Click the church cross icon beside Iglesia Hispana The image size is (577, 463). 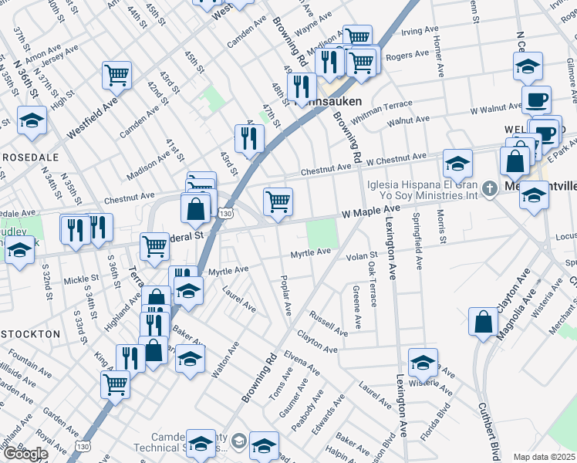coord(489,188)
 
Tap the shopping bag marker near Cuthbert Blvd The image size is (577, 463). coord(483,323)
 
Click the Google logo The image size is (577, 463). coord(25,454)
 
